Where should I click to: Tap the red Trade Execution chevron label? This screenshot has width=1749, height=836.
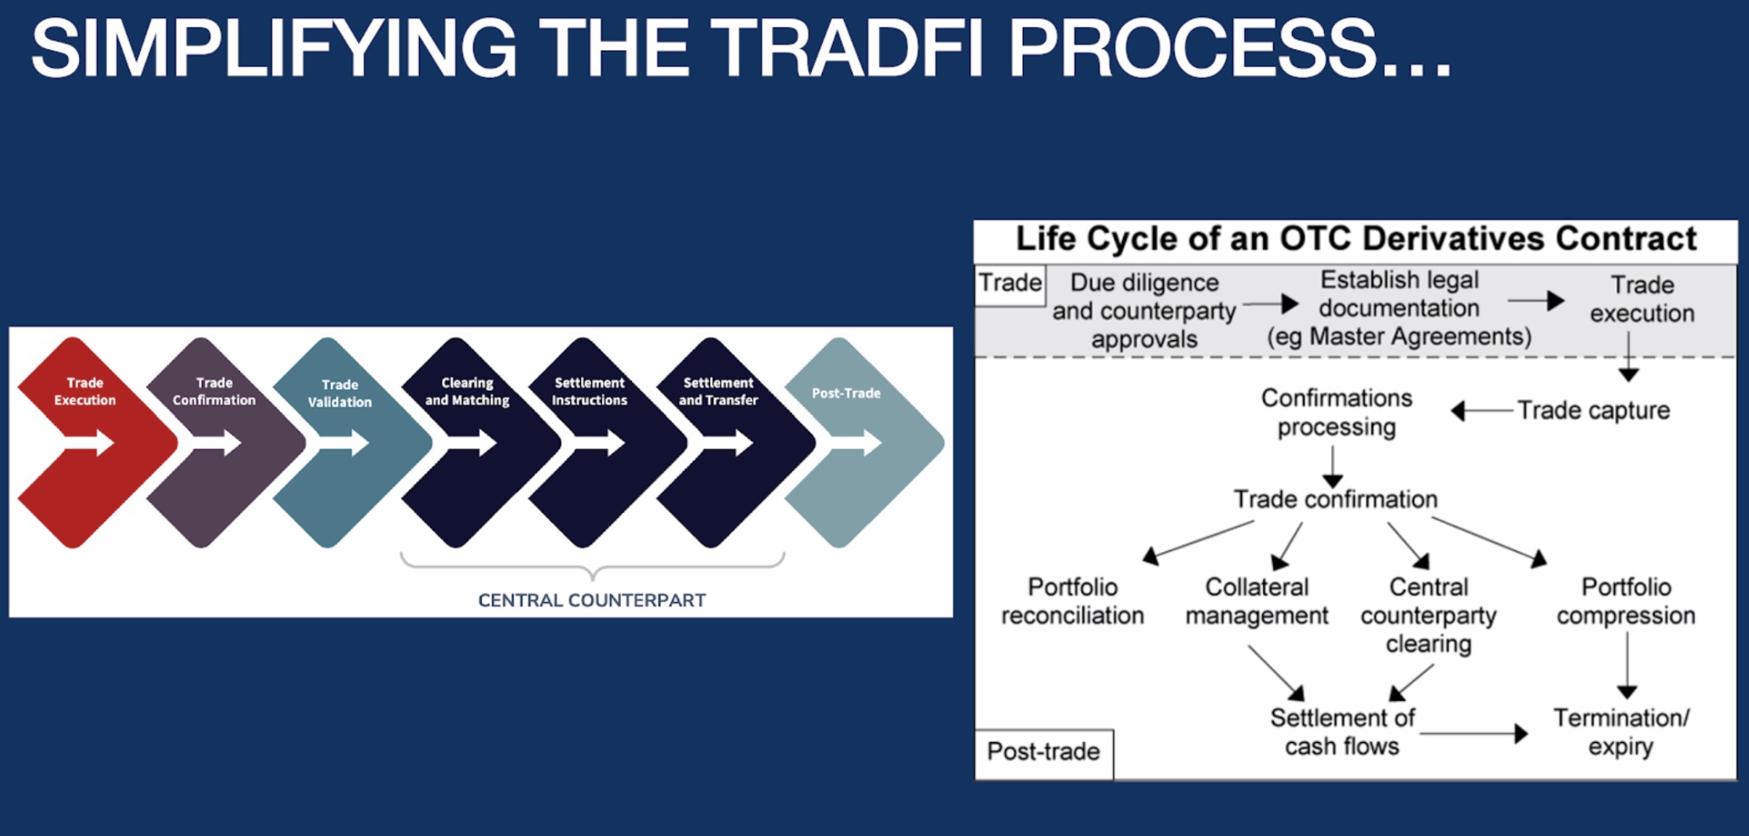click(85, 392)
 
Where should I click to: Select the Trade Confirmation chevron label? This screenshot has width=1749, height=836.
click(214, 392)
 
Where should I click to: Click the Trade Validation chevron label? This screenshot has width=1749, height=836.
click(339, 393)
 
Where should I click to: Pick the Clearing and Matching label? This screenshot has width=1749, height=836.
click(467, 392)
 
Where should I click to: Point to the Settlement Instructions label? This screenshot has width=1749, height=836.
click(590, 392)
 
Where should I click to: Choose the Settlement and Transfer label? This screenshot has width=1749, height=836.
click(718, 392)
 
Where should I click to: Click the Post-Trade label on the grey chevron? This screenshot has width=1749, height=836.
click(846, 393)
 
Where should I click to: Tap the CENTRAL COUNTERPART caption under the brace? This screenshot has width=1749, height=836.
click(591, 600)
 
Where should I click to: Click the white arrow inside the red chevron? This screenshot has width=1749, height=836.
click(89, 442)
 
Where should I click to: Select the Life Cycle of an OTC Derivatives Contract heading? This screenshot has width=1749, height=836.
click(1355, 239)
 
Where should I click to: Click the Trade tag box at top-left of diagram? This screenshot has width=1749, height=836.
click(1009, 282)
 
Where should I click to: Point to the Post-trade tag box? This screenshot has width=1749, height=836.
click(1043, 751)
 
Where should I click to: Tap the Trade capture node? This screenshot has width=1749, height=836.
click(1593, 410)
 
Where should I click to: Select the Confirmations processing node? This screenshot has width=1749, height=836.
click(1336, 412)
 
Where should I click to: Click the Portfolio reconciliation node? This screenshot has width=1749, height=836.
click(1072, 601)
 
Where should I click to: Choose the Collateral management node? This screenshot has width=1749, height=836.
click(1256, 601)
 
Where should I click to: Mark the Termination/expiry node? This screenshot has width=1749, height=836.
click(1621, 732)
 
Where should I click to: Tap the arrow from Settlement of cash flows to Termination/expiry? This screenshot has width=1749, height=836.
click(1474, 733)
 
